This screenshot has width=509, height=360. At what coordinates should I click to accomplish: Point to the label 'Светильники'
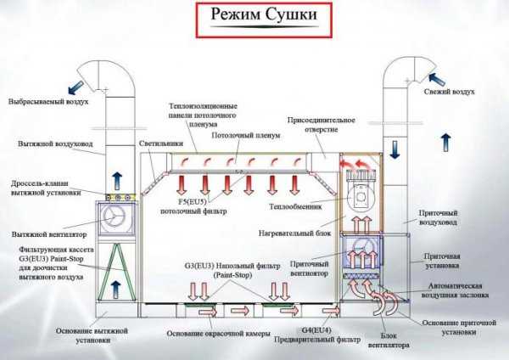158,143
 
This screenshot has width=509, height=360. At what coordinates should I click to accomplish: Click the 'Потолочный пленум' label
244,135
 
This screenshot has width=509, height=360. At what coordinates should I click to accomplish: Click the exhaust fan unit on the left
116,219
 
